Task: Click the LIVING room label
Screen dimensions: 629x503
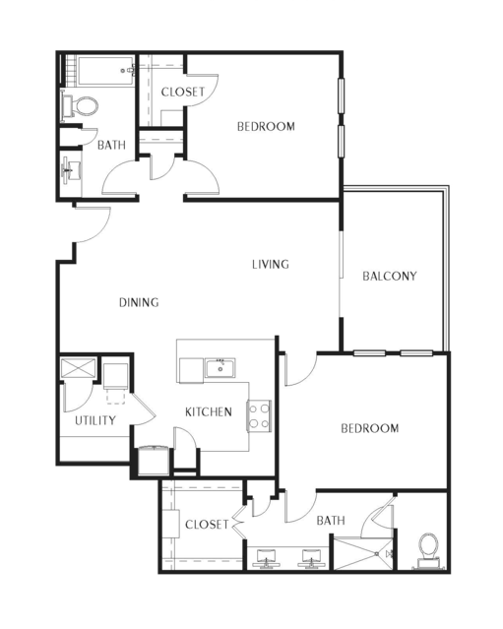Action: point(270,264)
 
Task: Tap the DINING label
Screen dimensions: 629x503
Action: point(139,302)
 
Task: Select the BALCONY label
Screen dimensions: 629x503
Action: point(389,276)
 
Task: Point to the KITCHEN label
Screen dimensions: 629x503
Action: point(209,411)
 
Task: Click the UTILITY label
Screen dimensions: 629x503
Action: point(95,420)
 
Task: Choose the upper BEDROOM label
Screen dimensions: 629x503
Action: point(266,126)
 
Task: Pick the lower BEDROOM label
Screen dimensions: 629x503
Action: point(369,428)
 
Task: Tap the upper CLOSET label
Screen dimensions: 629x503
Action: point(183,92)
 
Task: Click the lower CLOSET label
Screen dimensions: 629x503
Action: point(207,525)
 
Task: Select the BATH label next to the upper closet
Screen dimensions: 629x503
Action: point(111,146)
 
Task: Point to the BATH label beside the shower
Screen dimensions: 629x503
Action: point(331,521)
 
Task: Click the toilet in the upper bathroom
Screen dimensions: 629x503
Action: point(83,104)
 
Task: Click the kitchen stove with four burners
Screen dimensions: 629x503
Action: point(259,416)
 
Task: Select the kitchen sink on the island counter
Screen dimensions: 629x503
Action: point(220,369)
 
